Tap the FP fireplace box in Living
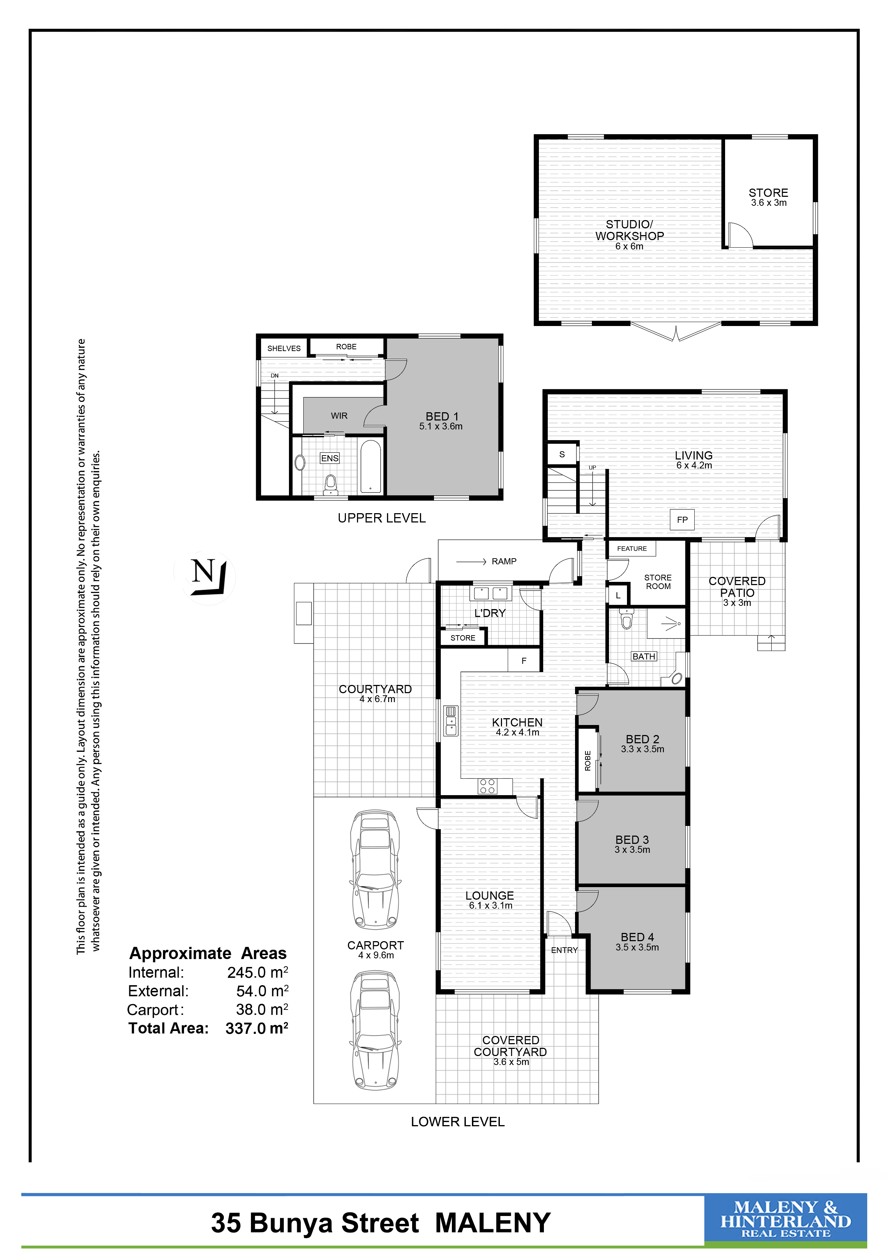pyautogui.click(x=682, y=520)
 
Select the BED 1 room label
pyautogui.click(x=442, y=417)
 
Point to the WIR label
pyautogui.click(x=339, y=416)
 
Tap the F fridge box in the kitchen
pyautogui.click(x=524, y=661)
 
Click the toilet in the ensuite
pyautogui.click(x=330, y=484)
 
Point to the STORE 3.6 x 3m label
pyautogui.click(x=768, y=197)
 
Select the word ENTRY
pyautogui.click(x=564, y=950)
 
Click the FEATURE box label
pyautogui.click(x=632, y=548)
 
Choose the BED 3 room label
pyautogui.click(x=632, y=840)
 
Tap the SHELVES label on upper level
pyautogui.click(x=284, y=348)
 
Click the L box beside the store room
pyautogui.click(x=618, y=595)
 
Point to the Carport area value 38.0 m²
pyautogui.click(x=262, y=1009)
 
